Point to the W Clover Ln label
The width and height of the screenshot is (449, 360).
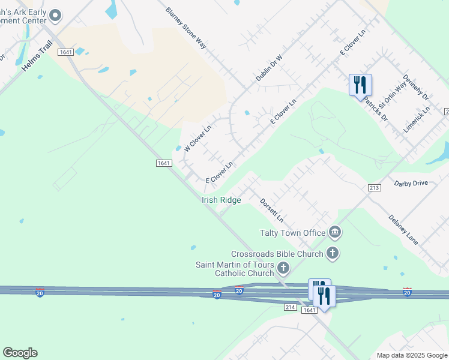click(x=198, y=137)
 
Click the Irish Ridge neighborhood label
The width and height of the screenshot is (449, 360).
click(x=221, y=200)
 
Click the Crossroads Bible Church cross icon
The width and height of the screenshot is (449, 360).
click(x=333, y=253)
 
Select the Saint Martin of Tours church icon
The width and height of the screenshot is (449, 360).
click(x=283, y=268)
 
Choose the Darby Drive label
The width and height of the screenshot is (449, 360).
click(x=411, y=182)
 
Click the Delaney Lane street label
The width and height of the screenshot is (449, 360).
click(x=403, y=229)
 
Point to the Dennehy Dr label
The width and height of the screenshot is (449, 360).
click(x=415, y=87)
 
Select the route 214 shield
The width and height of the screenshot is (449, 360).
click(x=291, y=307)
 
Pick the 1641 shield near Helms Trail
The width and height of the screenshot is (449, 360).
click(x=66, y=52)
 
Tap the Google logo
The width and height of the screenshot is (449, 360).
click(x=20, y=353)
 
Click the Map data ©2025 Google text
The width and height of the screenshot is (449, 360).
click(x=411, y=355)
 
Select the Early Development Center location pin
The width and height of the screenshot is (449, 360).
click(x=55, y=16)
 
